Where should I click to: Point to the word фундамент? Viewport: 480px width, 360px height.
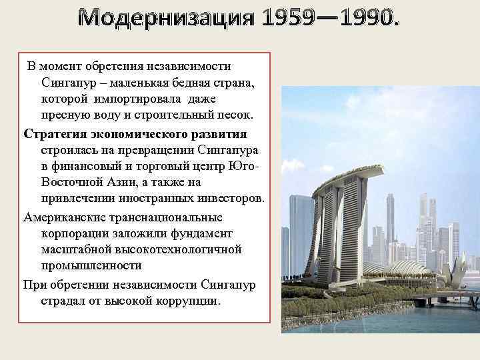pyautogui.click(x=198, y=233)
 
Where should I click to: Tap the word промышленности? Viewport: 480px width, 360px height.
pyautogui.click(x=91, y=265)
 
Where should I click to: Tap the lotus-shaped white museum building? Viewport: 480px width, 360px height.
pyautogui.click(x=461, y=273)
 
